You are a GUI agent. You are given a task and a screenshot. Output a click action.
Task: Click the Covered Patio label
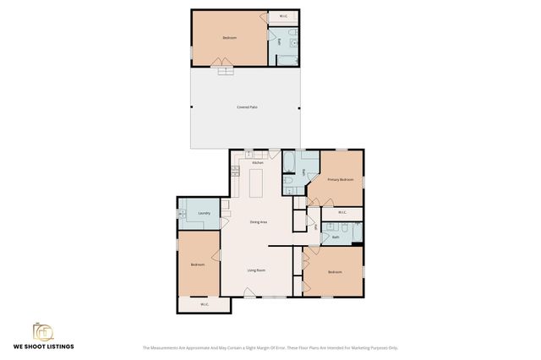click(x=247, y=106)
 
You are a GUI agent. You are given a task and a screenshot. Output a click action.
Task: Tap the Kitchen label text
click(x=257, y=162)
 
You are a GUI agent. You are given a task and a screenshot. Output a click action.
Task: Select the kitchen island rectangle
click(x=257, y=181)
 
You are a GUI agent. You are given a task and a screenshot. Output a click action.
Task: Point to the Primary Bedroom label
click(x=340, y=179)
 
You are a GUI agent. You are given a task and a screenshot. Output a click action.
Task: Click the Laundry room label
click(x=204, y=213)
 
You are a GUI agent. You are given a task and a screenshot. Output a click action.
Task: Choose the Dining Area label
click(x=258, y=221)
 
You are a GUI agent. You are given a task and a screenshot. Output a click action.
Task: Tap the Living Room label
click(x=256, y=270)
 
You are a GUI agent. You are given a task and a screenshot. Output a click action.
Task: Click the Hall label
click(x=315, y=226)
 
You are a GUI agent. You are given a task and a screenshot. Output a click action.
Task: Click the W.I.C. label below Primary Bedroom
click(x=342, y=212)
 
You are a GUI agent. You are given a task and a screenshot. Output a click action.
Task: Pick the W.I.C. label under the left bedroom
click(x=204, y=304)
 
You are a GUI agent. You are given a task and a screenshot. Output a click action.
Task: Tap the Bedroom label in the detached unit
click(x=229, y=38)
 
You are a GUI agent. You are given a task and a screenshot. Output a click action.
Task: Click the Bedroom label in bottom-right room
click(x=335, y=271)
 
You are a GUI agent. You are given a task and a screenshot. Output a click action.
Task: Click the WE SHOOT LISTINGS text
click(x=43, y=346)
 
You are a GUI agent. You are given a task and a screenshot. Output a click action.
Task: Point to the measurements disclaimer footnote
click(x=270, y=347)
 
